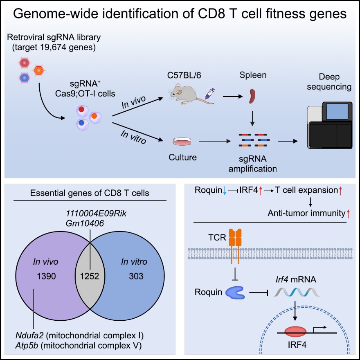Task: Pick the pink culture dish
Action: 182,142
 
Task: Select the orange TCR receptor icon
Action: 236,239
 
